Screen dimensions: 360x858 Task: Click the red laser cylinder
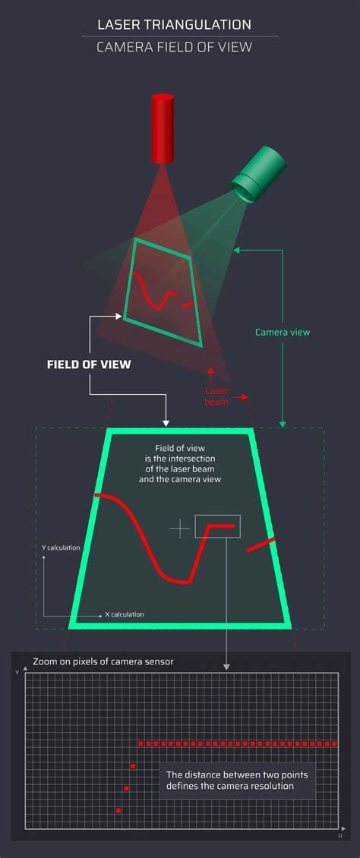coord(163,130)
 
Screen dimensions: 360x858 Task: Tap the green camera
coord(259,175)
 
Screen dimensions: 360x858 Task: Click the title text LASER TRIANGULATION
coord(174,24)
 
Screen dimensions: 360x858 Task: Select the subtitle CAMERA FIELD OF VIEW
coord(174,47)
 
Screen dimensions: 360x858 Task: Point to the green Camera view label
coord(283,332)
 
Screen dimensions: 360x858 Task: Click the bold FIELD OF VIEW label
coord(89,364)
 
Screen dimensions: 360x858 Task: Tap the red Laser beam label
coord(216,396)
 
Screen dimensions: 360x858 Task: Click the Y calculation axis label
coord(61,547)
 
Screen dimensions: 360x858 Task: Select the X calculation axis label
coord(125,614)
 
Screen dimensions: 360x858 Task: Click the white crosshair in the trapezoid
coord(180,528)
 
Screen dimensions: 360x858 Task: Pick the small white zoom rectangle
coord(218,526)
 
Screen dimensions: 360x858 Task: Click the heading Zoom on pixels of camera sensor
coord(103,661)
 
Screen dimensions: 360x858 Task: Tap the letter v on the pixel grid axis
coord(17,671)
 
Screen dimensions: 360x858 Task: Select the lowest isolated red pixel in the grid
coord(118,810)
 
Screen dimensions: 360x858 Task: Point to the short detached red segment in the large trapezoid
coord(261,544)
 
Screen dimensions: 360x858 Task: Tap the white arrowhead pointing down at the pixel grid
coord(226,667)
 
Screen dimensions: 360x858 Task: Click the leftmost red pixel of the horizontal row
coord(141,743)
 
